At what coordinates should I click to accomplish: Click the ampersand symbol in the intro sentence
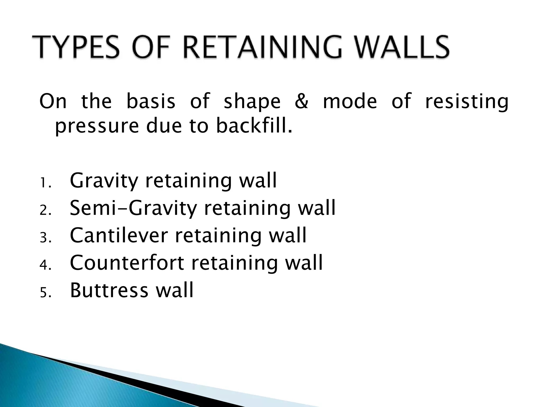[x=301, y=101]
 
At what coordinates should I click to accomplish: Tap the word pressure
[x=97, y=127]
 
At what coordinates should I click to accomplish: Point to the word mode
[x=350, y=101]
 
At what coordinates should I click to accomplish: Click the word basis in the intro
[x=151, y=101]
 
